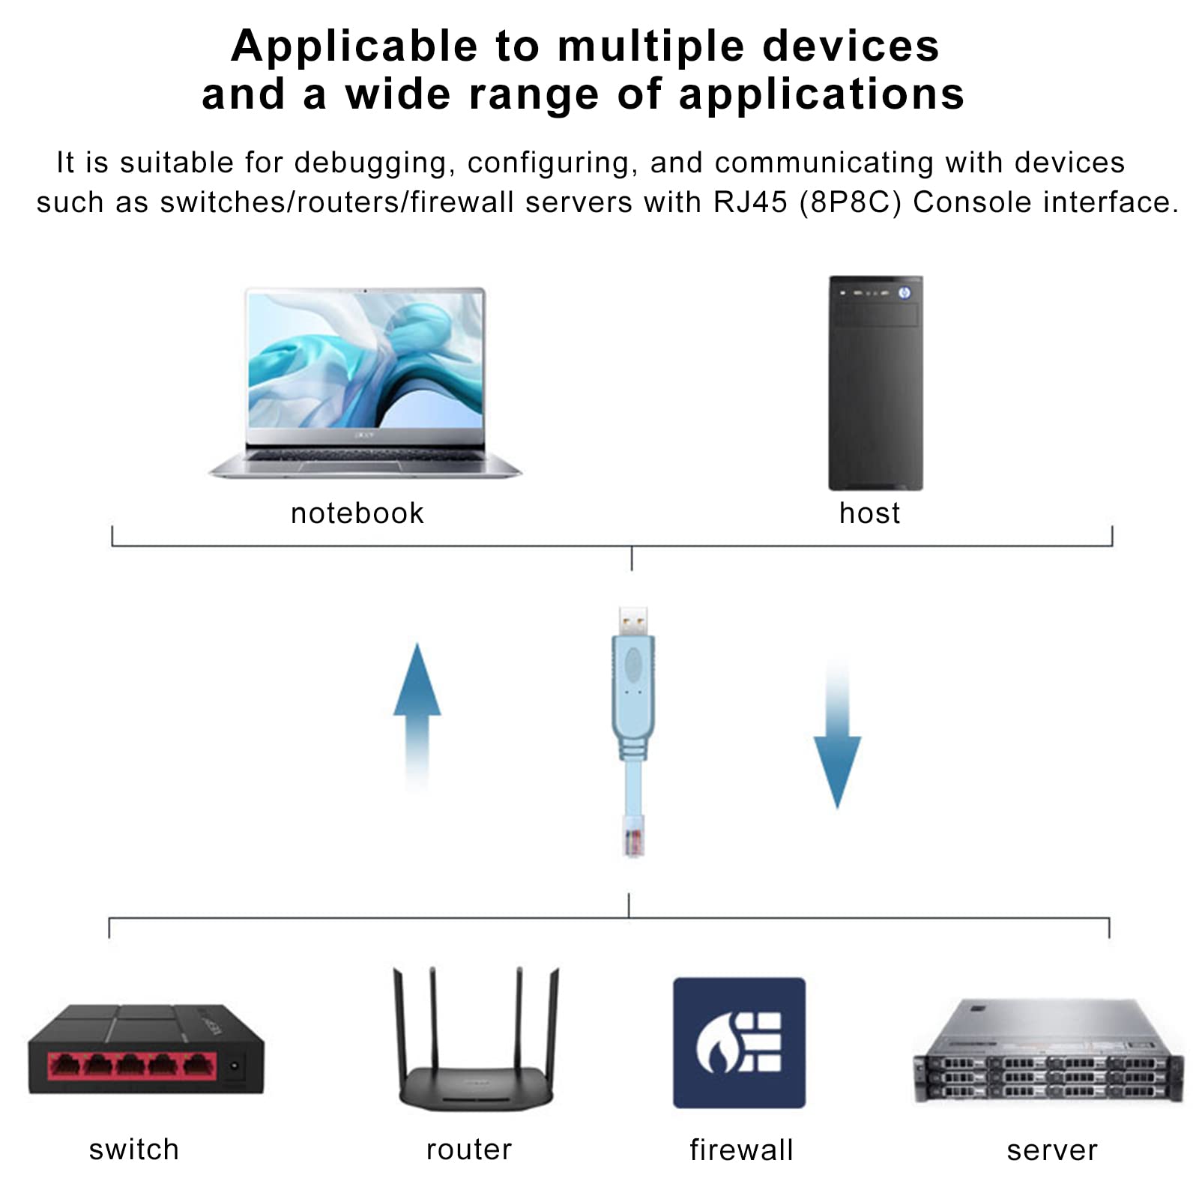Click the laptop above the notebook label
tap(365, 382)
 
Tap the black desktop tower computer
tap(875, 383)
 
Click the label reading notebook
tap(357, 513)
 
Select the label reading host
tap(869, 513)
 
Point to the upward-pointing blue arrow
tap(417, 712)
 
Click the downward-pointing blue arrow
tap(837, 738)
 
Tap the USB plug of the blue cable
tap(633, 622)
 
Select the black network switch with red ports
tap(146, 1049)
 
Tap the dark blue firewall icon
tap(739, 1042)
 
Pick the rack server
tap(1048, 1053)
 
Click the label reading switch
tap(134, 1150)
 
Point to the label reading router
tap(469, 1150)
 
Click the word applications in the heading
tap(821, 94)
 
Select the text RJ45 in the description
tap(750, 202)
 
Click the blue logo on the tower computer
tap(904, 292)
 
